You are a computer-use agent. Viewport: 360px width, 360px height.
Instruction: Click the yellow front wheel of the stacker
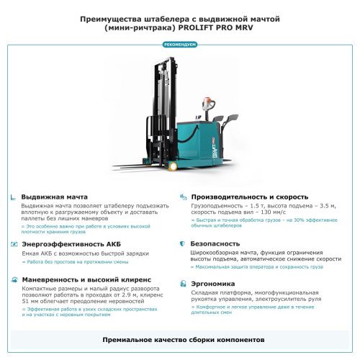(172, 166)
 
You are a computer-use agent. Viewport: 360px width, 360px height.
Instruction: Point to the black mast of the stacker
(161, 101)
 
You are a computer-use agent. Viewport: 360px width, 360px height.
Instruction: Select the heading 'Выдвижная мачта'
(55, 197)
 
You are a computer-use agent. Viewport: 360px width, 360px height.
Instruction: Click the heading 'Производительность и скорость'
(249, 197)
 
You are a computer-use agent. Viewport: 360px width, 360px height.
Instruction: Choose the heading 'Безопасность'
(215, 244)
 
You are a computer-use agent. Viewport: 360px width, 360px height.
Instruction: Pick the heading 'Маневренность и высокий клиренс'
(86, 279)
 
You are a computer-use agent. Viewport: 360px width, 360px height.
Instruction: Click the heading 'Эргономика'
(212, 283)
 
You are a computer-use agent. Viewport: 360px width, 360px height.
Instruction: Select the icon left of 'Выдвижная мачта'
(13, 197)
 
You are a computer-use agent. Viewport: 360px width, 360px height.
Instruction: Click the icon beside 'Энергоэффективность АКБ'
(13, 244)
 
